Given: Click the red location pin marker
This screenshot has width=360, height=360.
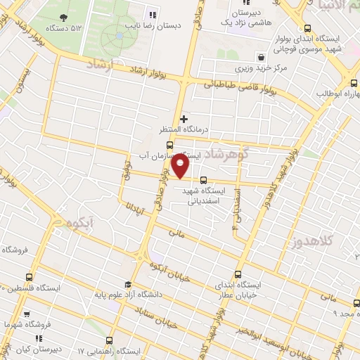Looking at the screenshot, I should [181, 166].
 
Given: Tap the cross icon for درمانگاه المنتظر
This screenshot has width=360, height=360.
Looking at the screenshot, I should [184, 120].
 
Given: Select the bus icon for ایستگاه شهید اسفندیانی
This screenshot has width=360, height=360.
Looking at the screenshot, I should [203, 180].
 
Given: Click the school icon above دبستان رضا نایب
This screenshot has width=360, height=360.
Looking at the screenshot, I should [152, 15].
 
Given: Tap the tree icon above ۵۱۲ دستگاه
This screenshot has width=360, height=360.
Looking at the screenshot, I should [65, 17].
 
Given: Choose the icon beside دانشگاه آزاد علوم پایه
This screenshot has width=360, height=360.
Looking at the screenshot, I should [128, 285].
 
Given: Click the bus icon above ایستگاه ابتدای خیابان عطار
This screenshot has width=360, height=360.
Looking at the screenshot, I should [237, 274].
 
